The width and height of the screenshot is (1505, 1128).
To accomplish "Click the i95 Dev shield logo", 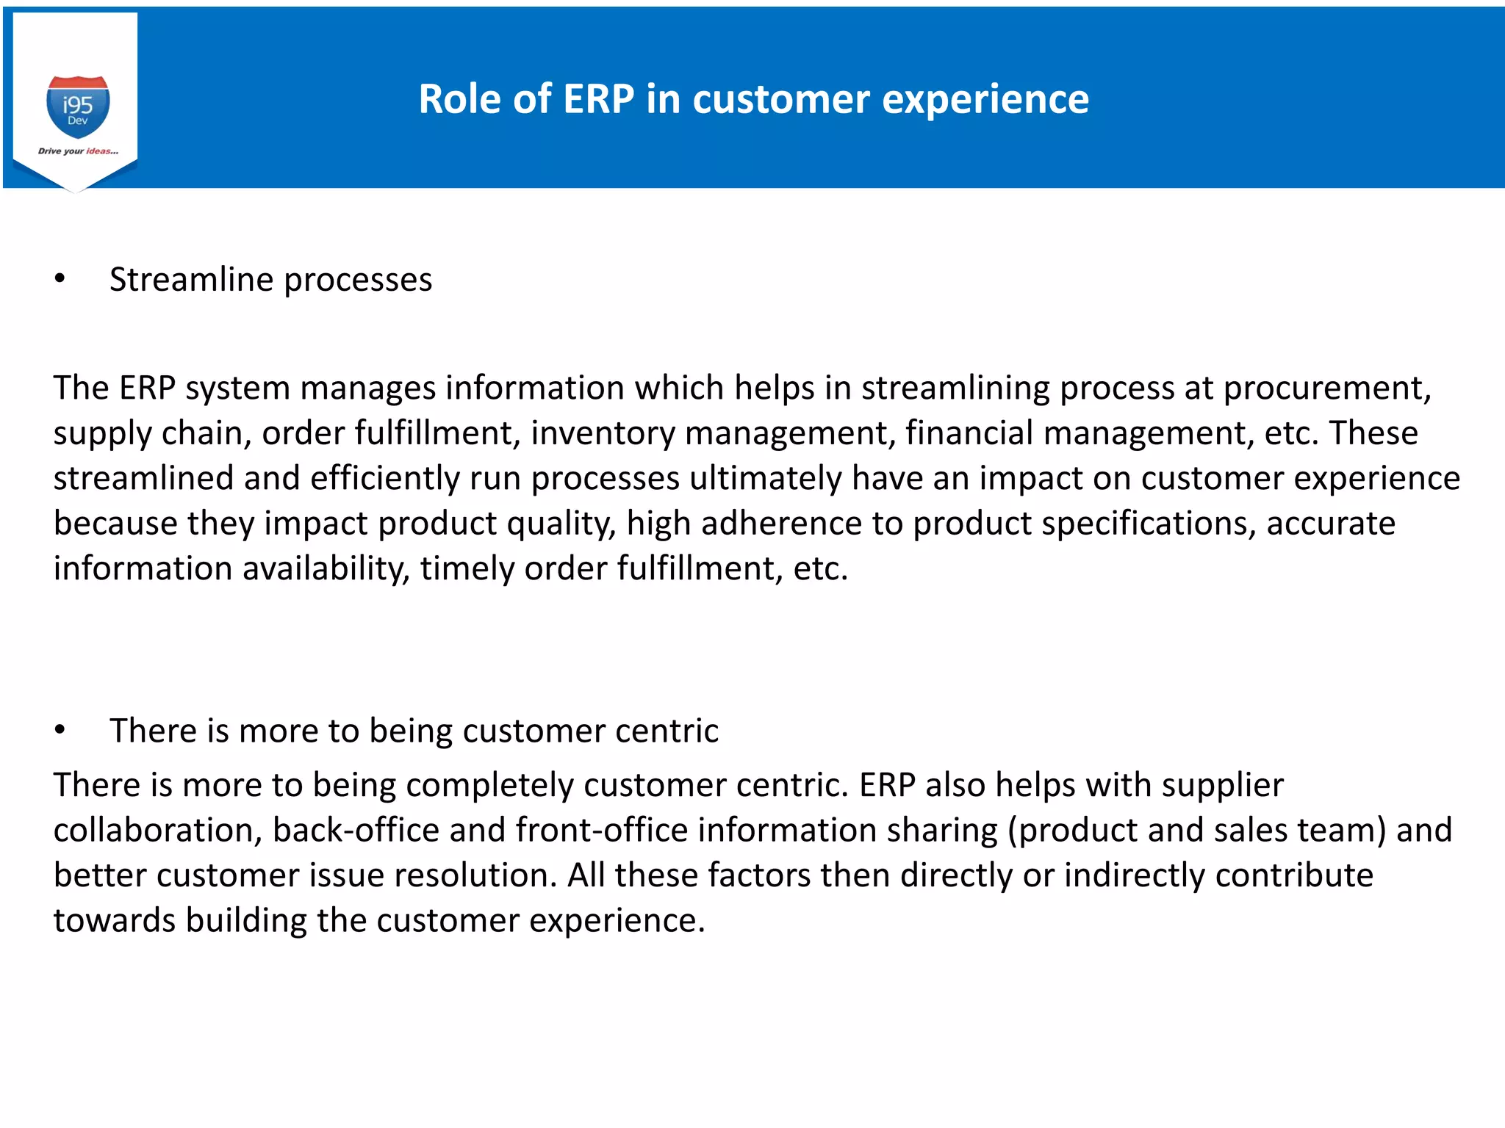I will tap(78, 106).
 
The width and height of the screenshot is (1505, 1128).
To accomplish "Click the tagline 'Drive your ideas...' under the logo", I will tap(78, 151).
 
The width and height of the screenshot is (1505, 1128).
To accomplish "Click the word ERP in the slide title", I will tap(598, 99).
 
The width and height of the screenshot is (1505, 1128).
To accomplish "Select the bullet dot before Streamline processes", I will tap(60, 279).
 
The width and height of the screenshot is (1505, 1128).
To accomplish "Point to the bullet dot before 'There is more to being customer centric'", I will tap(60, 730).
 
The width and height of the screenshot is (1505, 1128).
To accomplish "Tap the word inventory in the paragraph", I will tap(603, 433).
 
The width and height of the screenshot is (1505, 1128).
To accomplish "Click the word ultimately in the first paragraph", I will tap(765, 479).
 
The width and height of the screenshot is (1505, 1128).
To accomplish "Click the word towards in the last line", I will tap(114, 921).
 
